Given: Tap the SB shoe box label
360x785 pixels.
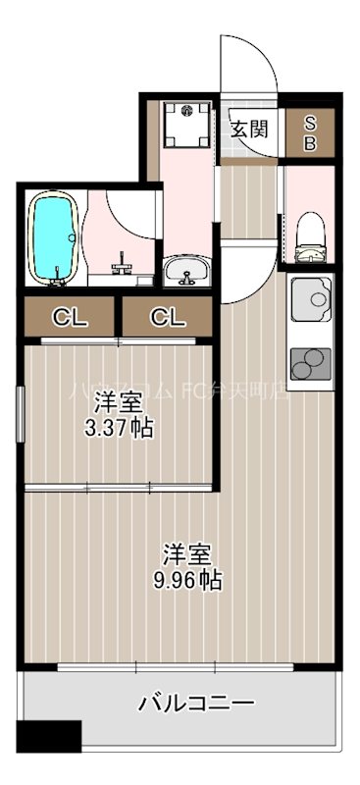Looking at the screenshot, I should coord(310,131).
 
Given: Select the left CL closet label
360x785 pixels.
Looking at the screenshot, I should coord(68,317).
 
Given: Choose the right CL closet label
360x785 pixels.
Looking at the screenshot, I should coord(166,317).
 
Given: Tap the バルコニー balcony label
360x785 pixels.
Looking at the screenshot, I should coord(196,704).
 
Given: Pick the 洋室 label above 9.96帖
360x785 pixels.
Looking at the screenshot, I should coord(183,552).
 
